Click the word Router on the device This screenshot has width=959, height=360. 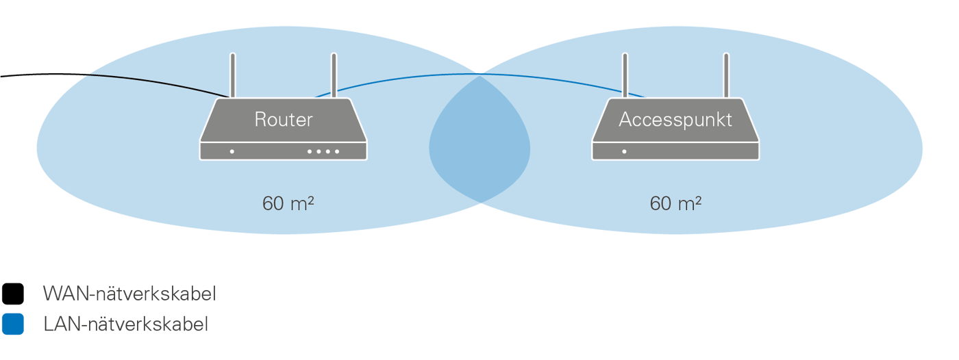pos(283,120)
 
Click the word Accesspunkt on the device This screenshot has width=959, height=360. pos(675,120)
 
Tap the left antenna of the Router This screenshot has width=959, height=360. pos(233,75)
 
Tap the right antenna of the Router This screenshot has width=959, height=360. pos(334,75)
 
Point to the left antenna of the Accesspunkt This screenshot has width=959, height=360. pos(625,75)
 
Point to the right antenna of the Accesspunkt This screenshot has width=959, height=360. pos(726,75)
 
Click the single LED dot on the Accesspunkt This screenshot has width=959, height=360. pos(624,151)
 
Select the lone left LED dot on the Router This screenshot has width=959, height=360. pos(232,151)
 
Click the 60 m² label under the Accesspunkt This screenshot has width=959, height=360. pos(676,203)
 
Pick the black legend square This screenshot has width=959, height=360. pos(12,294)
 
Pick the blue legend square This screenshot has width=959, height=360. pos(12,324)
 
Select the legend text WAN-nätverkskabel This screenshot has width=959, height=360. pos(129,294)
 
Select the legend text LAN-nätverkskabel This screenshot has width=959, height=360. pos(125,324)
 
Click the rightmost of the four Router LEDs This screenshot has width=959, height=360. pos(337,151)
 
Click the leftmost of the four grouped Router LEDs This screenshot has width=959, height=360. pos(310,151)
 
